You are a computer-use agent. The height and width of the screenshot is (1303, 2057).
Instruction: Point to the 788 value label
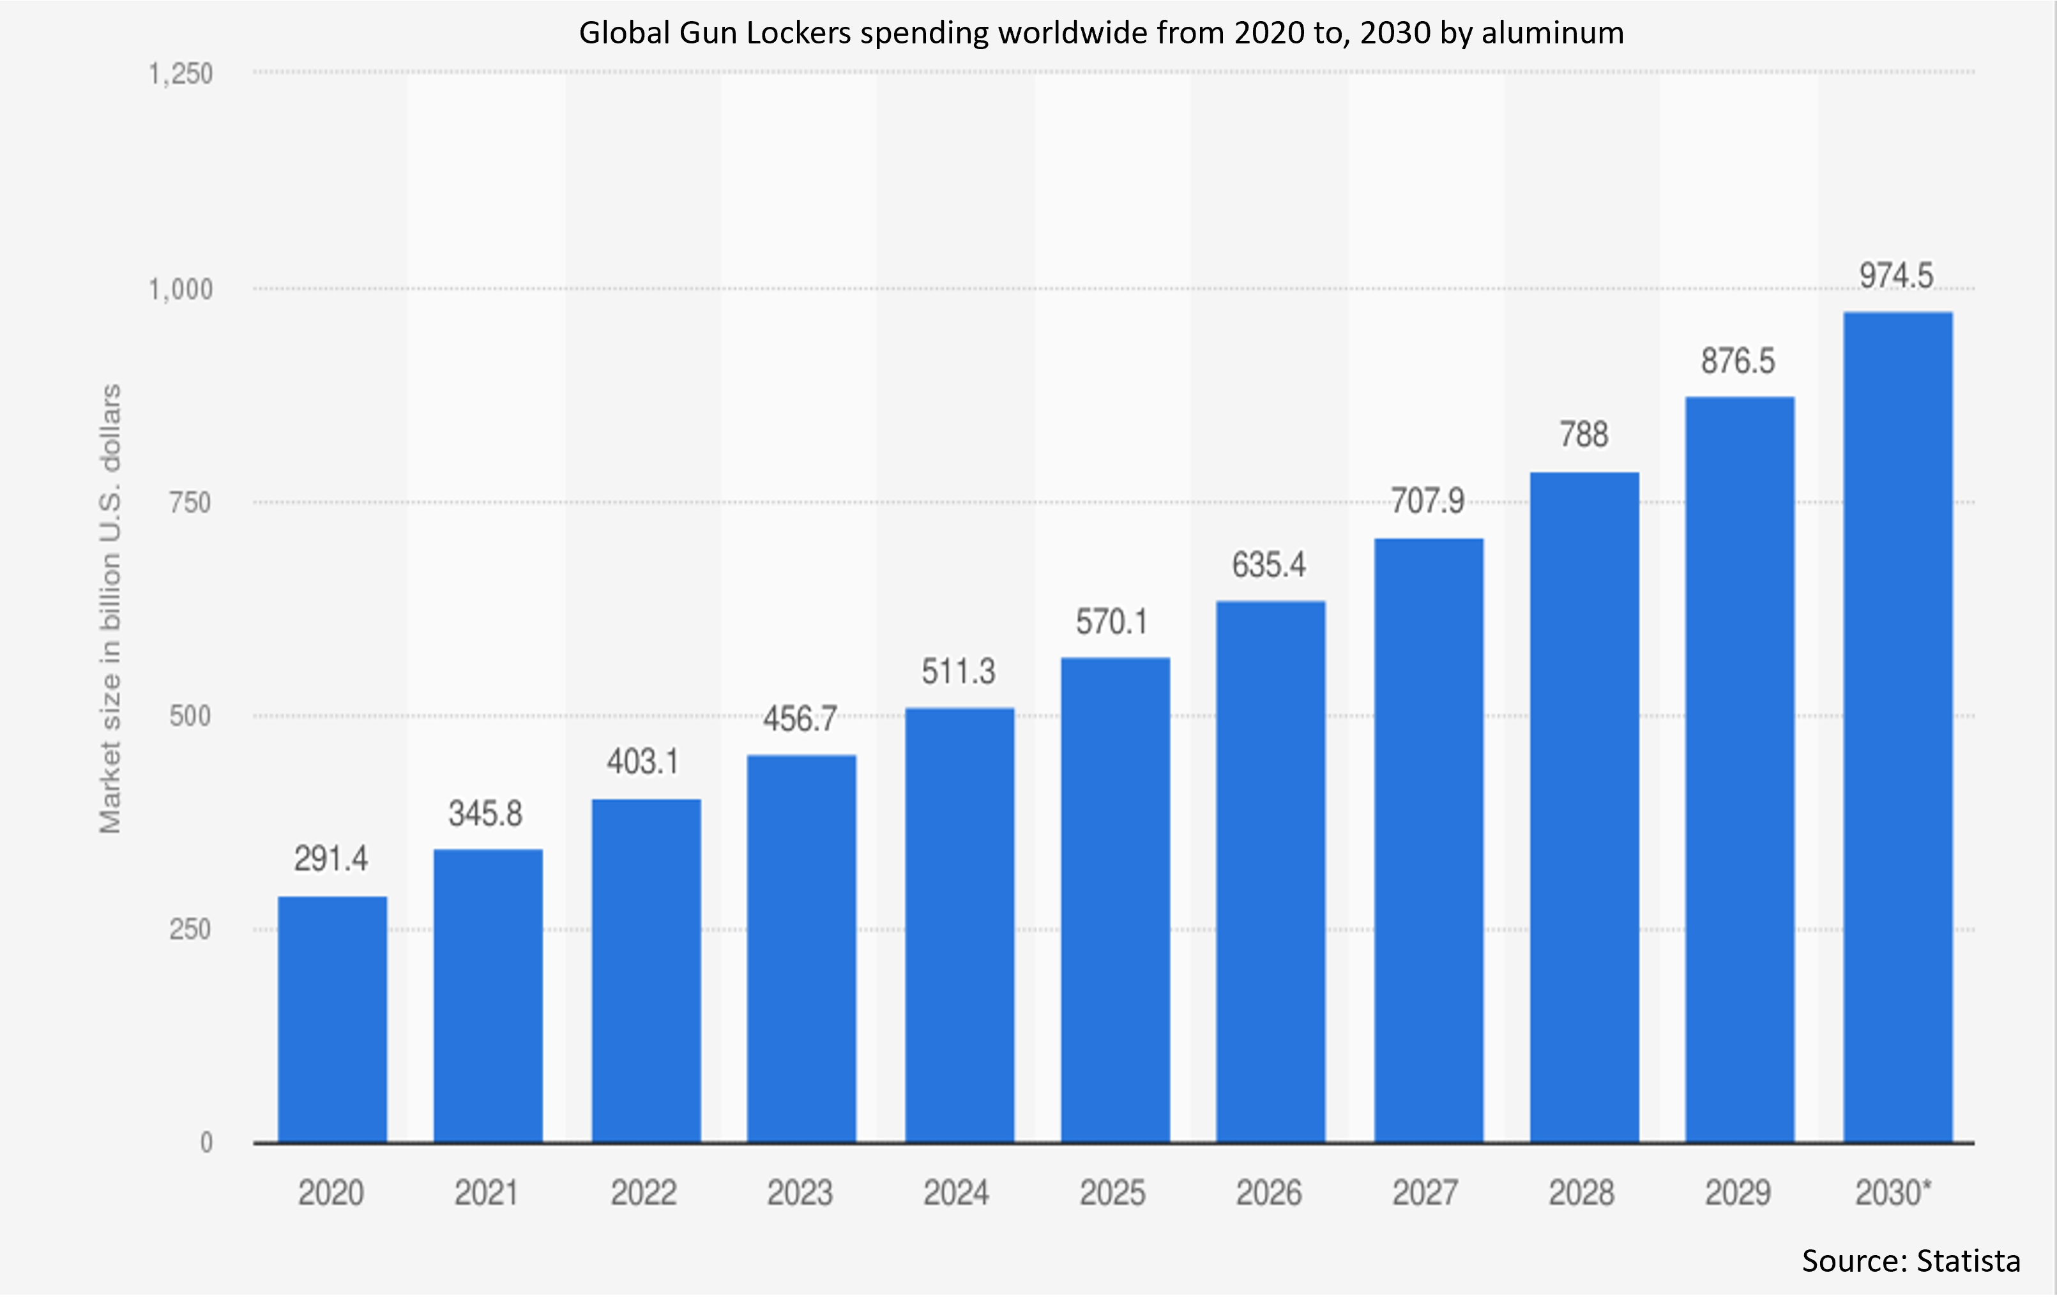[x=1584, y=435]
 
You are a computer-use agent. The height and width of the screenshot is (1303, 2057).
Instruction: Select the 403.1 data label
[x=643, y=762]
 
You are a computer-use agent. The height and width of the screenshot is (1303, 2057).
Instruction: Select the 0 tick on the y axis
[x=206, y=1143]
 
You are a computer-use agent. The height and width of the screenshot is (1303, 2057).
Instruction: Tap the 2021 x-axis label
[x=487, y=1193]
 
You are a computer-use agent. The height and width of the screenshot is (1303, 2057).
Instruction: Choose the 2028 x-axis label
[x=1582, y=1193]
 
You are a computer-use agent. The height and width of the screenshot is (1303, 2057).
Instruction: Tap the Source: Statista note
[x=1911, y=1260]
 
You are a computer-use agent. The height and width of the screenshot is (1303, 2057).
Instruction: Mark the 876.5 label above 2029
[x=1738, y=361]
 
